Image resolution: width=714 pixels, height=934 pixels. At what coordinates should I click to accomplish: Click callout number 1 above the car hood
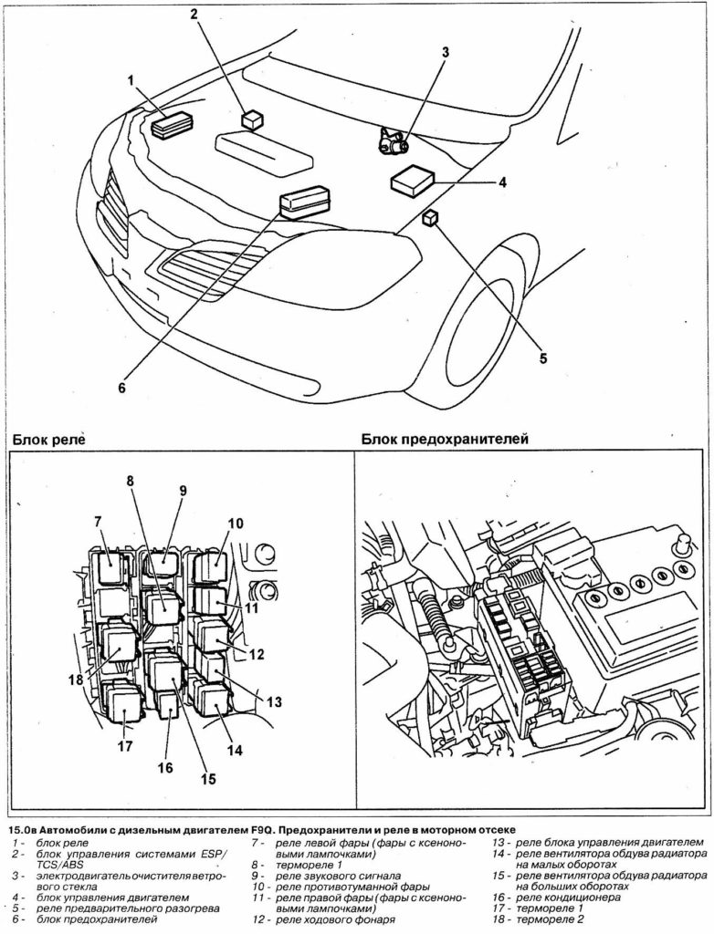(131, 80)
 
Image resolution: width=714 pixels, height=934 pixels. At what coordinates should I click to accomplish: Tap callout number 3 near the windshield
(446, 52)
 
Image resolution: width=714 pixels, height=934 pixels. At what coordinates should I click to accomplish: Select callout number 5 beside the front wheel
(542, 358)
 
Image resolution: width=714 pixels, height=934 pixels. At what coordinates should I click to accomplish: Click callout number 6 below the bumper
(121, 386)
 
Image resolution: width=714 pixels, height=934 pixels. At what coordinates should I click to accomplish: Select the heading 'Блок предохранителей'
(445, 439)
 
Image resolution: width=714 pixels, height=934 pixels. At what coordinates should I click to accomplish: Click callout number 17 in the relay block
(124, 745)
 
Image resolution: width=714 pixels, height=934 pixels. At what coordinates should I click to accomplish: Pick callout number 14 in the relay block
(235, 750)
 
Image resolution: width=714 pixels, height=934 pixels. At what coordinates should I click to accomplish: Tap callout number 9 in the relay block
(182, 490)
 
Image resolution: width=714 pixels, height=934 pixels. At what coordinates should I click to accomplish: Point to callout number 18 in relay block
(74, 679)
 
